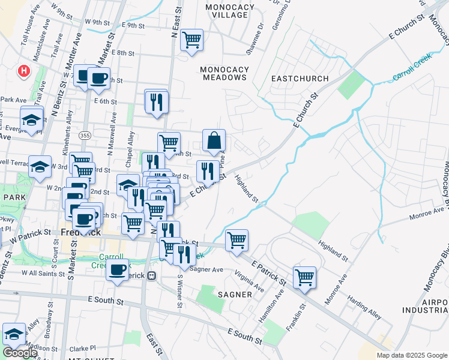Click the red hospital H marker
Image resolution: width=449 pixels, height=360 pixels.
[x=23, y=71]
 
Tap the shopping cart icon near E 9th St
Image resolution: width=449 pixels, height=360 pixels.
[x=191, y=40]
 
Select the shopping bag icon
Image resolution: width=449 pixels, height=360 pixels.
[x=214, y=141]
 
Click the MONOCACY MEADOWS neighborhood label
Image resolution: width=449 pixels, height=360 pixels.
[x=224, y=73]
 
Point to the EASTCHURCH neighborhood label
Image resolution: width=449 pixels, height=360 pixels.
[x=300, y=79]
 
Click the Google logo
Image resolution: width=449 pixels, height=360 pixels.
[x=20, y=353]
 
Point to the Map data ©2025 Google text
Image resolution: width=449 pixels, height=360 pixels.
[x=411, y=355]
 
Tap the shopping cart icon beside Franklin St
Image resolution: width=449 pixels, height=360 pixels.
[x=305, y=278]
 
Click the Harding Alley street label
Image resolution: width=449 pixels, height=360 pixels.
[x=367, y=306]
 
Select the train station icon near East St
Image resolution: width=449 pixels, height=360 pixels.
[x=152, y=276]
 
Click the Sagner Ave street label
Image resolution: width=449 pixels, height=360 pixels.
[x=206, y=269]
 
